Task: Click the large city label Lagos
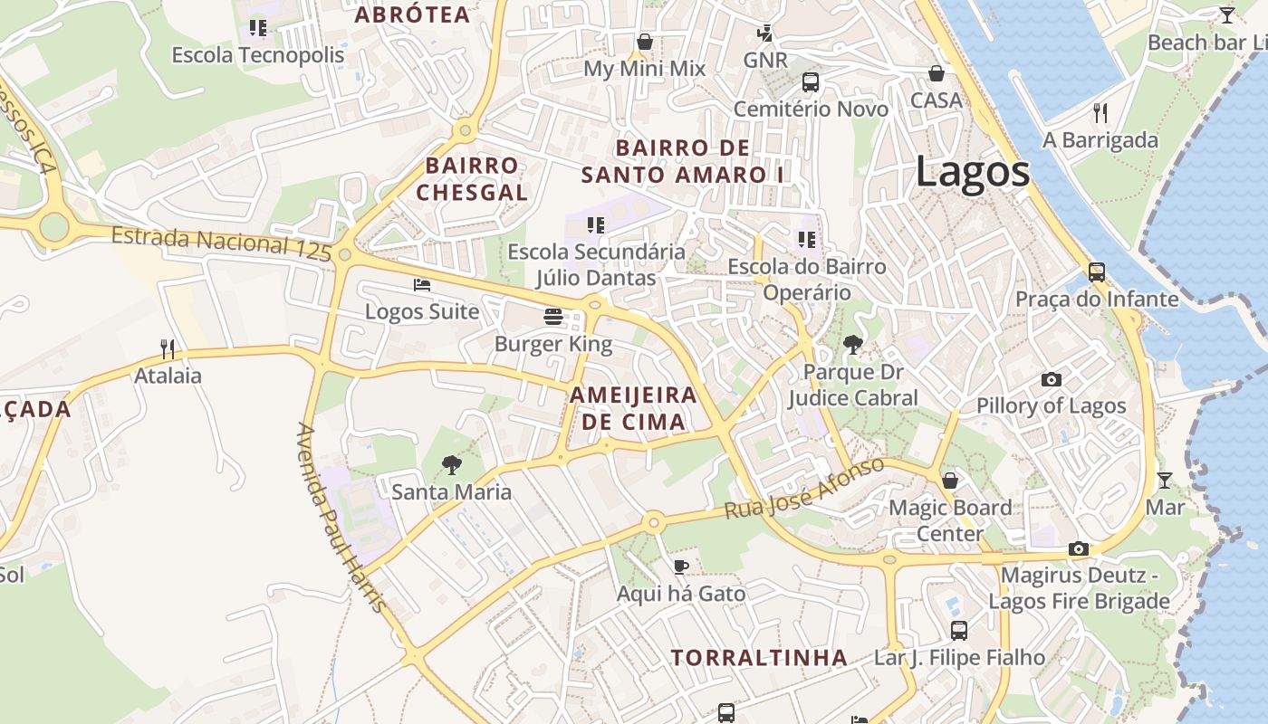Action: click(972, 172)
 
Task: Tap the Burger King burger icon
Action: click(553, 317)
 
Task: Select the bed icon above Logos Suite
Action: click(421, 284)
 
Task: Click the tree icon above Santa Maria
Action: click(451, 465)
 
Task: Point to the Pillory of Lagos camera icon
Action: click(1051, 379)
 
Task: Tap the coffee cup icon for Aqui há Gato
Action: click(681, 567)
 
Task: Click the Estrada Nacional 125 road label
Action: click(221, 243)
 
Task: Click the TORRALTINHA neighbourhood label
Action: click(759, 658)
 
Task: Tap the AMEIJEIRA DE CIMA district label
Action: click(633, 408)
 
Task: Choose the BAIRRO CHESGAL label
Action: click(472, 179)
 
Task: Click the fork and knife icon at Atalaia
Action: click(167, 348)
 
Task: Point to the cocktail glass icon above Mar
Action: click(1164, 480)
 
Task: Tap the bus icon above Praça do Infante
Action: click(1096, 271)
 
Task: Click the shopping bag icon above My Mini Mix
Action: click(645, 42)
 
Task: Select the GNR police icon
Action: click(765, 33)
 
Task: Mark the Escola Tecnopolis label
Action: click(258, 55)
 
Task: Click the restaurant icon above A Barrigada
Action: click(1100, 112)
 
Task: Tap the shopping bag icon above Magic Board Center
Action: click(949, 481)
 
